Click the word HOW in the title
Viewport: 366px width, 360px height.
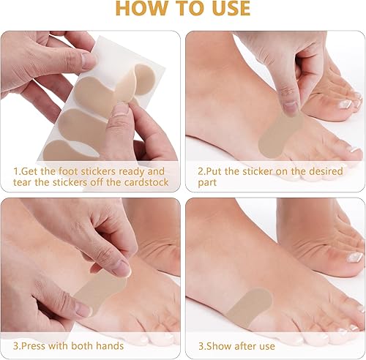(142, 9)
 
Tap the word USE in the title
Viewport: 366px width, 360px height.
(226, 9)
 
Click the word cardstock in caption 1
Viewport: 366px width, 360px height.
(145, 182)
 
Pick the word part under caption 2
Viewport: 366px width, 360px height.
(209, 182)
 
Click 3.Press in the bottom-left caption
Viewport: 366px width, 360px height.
(31, 344)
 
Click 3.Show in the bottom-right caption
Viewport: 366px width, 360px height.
(214, 344)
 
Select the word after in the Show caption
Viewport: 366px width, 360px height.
(253, 344)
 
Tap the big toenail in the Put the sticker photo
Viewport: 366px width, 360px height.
(340, 104)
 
